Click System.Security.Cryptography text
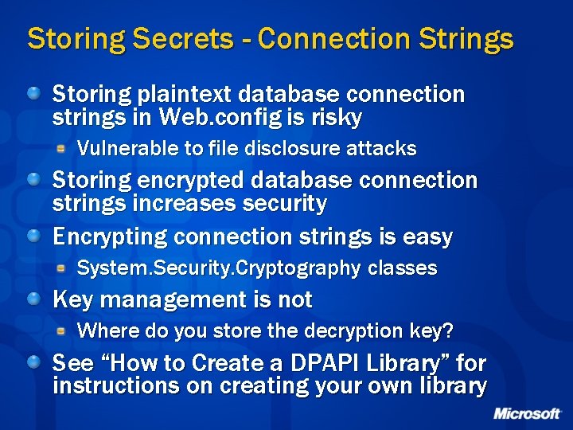[219, 268]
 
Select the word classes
[403, 268]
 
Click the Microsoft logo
[526, 414]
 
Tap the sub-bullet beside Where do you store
[61, 330]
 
